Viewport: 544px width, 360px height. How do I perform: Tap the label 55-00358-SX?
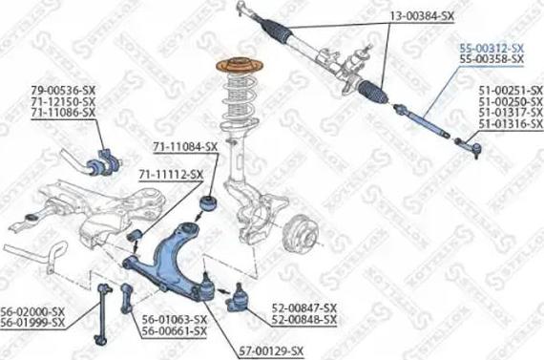[x=492, y=59]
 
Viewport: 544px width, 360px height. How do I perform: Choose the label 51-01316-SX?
[x=505, y=125]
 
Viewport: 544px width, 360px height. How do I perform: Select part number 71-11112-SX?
[x=170, y=174]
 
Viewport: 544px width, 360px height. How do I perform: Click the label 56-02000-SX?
[x=32, y=311]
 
